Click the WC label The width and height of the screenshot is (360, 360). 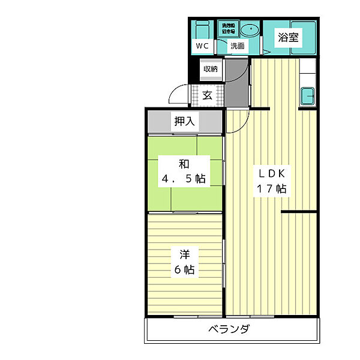[x=200, y=46]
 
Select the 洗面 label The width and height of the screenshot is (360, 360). [x=238, y=46]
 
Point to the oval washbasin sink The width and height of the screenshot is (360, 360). [x=247, y=29]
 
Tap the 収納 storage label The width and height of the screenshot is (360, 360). [x=210, y=69]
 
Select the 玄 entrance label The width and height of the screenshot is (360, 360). [x=207, y=95]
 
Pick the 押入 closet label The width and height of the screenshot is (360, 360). [x=184, y=121]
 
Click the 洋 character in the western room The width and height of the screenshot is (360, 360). [x=184, y=254]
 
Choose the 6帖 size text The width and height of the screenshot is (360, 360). [x=184, y=269]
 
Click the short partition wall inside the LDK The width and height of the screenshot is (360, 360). [x=298, y=212]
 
